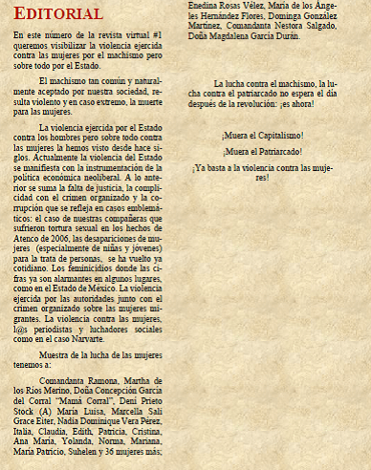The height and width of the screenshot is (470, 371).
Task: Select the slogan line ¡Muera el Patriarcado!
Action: pyautogui.click(x=262, y=152)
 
